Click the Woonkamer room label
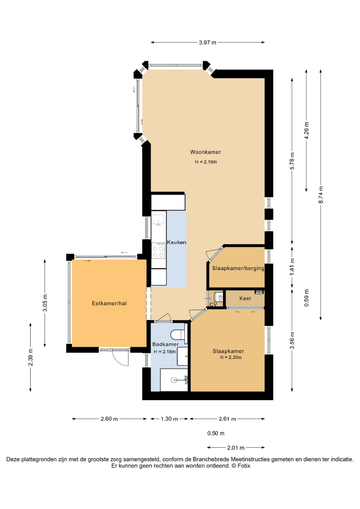pyautogui.click(x=205, y=152)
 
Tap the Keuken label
pyautogui.click(x=177, y=242)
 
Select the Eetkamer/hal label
pyautogui.click(x=109, y=303)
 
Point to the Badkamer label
pyautogui.click(x=165, y=344)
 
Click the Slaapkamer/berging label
pyautogui.click(x=238, y=268)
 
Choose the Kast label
pyautogui.click(x=245, y=299)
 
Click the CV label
pyautogui.click(x=213, y=305)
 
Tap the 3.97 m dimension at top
pyautogui.click(x=208, y=42)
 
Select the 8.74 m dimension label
pyautogui.click(x=321, y=195)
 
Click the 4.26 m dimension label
pyautogui.click(x=306, y=130)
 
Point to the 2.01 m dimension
pyautogui.click(x=236, y=448)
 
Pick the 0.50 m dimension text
pyautogui.click(x=216, y=433)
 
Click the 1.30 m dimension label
pyautogui.click(x=169, y=419)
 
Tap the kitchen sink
pyautogui.click(x=158, y=220)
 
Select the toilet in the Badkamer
pyautogui.click(x=177, y=335)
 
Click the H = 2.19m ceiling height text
pyautogui.click(x=206, y=162)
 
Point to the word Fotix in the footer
pyautogui.click(x=244, y=466)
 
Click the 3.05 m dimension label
pyautogui.click(x=45, y=303)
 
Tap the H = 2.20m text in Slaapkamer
pyautogui.click(x=231, y=357)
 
